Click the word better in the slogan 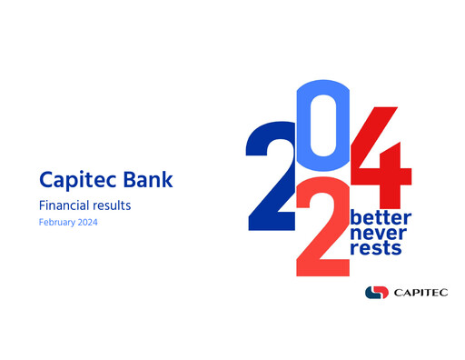[x=381, y=218]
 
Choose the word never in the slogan [x=379, y=234]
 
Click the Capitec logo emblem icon [x=375, y=292]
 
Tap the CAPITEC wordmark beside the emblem [x=420, y=292]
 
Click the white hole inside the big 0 [x=325, y=127]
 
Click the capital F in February [x=41, y=223]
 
